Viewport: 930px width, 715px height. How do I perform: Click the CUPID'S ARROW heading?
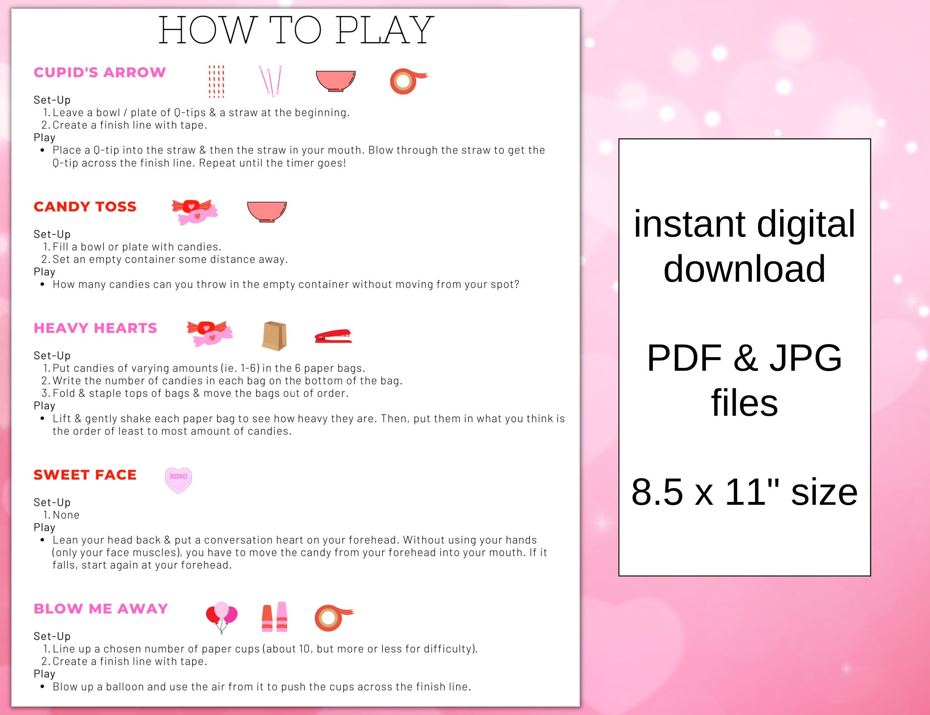coord(100,72)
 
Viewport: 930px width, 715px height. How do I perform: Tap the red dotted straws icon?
coord(216,81)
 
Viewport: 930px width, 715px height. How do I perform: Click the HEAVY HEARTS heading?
coord(96,328)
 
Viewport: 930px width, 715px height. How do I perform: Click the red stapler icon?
coord(333,336)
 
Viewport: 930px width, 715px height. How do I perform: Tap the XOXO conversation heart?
coord(178,480)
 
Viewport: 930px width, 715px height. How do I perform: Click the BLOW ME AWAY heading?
coord(101,608)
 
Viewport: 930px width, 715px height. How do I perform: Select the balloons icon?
coord(221,616)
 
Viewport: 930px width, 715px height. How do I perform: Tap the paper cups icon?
coord(275,617)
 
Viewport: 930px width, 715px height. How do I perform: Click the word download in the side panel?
coord(744,268)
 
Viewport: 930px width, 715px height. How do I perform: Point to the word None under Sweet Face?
coord(66,515)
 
